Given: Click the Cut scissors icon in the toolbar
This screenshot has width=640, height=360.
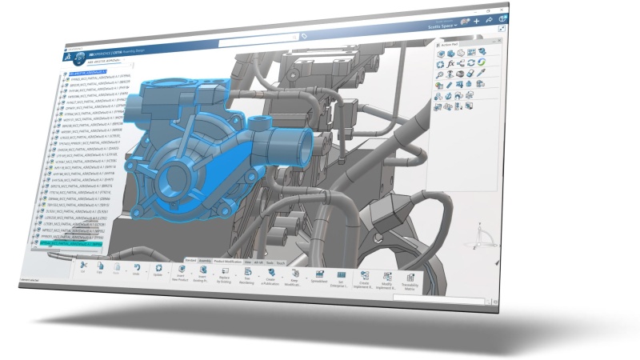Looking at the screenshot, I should [82, 265].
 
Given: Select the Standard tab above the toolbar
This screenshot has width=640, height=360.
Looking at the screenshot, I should [190, 261].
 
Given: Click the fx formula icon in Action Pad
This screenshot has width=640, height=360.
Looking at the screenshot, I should [450, 62].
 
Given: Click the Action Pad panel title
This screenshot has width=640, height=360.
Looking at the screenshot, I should [452, 43].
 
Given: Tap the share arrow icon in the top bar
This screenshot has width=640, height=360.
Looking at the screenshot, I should [489, 19].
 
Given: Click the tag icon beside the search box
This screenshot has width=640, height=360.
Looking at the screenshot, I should [305, 35].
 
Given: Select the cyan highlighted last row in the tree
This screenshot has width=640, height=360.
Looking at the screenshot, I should [70, 242].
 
